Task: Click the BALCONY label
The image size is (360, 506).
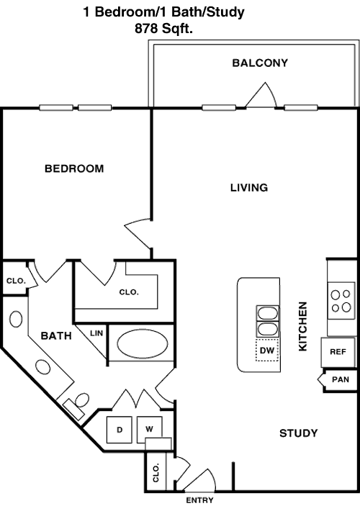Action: [260, 63]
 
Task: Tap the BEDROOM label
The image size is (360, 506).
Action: [74, 168]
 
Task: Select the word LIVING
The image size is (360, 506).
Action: [249, 187]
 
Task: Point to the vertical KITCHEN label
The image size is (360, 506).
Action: [302, 326]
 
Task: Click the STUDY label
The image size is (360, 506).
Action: [298, 433]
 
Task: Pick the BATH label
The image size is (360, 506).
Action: [56, 336]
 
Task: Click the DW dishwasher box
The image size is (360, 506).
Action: [267, 350]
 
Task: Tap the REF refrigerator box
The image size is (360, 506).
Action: [338, 352]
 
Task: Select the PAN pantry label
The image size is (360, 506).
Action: [341, 379]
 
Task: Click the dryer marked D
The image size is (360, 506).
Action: [120, 430]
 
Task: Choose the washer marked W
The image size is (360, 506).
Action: [149, 429]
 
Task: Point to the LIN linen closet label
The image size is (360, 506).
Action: [96, 333]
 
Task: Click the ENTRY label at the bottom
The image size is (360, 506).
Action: [199, 500]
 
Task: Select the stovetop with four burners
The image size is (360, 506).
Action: [341, 301]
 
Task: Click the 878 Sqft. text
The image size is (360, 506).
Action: [163, 29]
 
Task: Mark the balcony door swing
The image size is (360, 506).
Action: [261, 95]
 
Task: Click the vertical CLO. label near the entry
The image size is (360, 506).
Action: [156, 473]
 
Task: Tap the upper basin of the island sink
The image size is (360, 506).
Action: [267, 313]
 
